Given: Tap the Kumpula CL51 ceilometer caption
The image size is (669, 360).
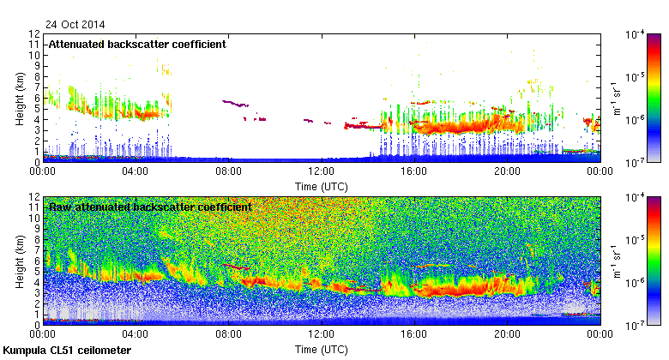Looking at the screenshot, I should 67,351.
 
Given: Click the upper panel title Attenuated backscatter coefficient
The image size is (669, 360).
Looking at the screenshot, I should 137,44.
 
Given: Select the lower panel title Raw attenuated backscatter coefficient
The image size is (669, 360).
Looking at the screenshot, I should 150,207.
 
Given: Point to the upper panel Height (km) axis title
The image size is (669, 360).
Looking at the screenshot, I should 19,98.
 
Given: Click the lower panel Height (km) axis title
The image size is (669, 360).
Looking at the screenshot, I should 19,261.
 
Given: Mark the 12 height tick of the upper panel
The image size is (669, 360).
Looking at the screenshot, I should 35,34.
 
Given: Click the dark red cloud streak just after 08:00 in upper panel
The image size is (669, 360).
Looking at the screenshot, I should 234,103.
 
